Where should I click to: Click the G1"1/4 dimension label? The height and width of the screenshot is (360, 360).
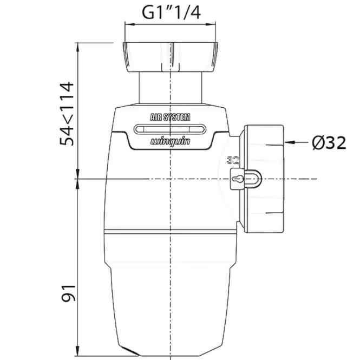click(x=171, y=12)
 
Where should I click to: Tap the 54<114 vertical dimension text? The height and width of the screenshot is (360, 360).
click(x=67, y=114)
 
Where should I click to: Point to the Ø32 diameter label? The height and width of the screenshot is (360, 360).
click(x=329, y=142)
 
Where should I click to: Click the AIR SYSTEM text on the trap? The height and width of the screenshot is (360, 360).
click(x=170, y=117)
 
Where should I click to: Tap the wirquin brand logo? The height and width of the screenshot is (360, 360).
click(x=170, y=141)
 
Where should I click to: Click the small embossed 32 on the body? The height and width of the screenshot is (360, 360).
click(x=233, y=160)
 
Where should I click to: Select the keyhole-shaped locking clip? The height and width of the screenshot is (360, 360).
click(x=246, y=179)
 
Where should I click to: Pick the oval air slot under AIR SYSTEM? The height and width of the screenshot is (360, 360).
click(x=170, y=129)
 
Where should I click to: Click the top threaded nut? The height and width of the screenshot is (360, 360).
click(x=170, y=57)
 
